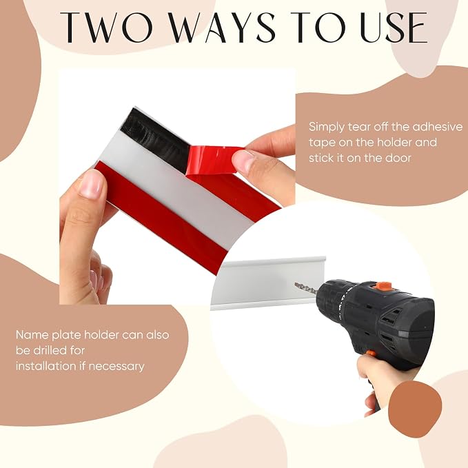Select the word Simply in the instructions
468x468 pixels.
(x=327, y=128)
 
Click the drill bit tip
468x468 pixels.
(x=296, y=284)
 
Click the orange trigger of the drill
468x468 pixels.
(x=371, y=354)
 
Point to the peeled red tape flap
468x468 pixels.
(x=214, y=160)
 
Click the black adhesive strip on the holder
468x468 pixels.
(x=158, y=139)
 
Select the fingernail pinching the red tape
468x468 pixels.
(x=243, y=161)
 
